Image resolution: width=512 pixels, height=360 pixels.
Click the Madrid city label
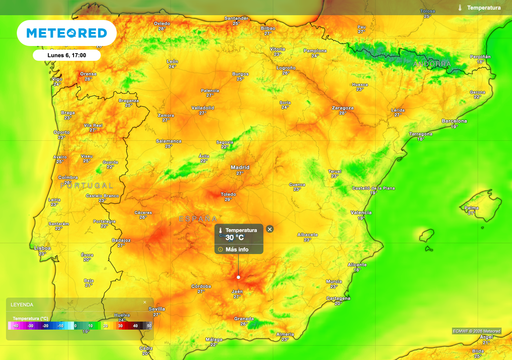(x=240, y=167)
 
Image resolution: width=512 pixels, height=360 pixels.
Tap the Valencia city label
(x=362, y=213)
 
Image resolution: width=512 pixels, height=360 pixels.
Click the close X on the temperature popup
(x=269, y=229)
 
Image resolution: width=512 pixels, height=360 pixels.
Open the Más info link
(x=237, y=249)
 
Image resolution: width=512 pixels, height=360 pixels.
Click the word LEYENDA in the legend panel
(x=22, y=304)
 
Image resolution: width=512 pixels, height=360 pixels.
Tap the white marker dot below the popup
(x=238, y=277)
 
